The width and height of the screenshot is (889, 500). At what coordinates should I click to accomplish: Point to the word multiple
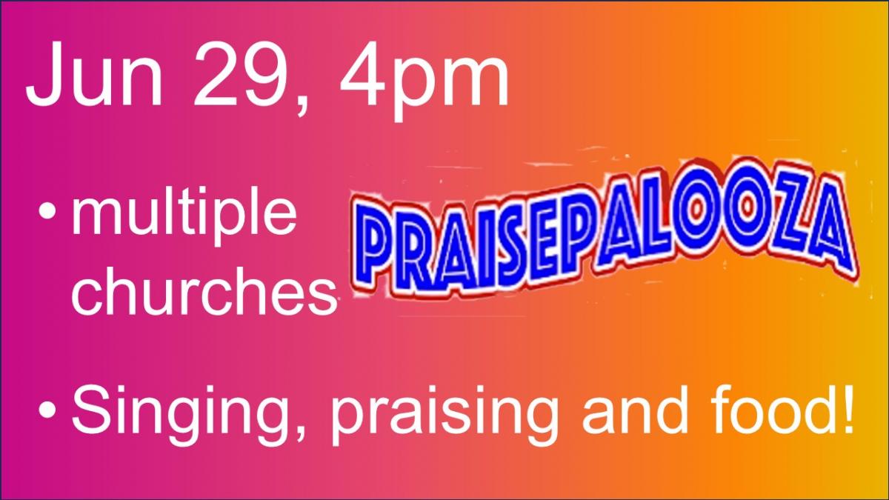(184, 215)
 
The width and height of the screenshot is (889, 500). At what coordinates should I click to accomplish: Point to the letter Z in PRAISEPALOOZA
(788, 225)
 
